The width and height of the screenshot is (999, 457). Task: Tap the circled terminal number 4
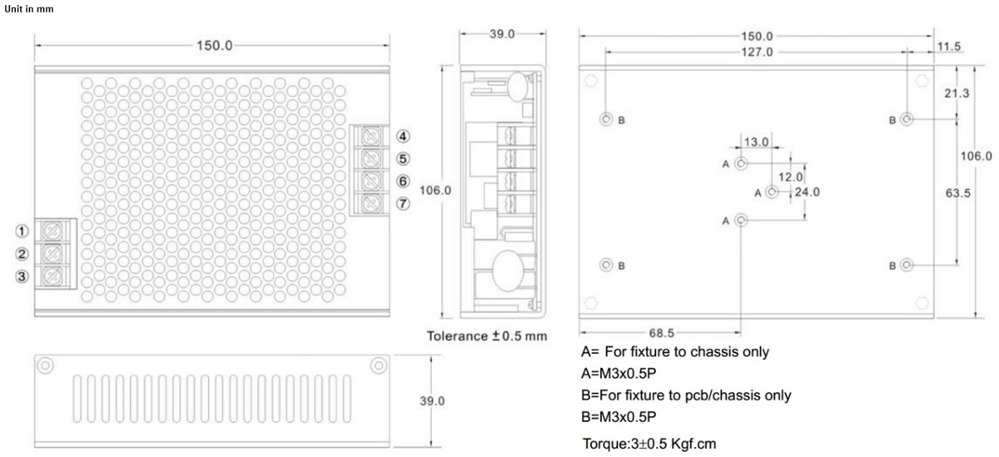click(402, 136)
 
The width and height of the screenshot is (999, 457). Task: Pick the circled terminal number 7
click(402, 204)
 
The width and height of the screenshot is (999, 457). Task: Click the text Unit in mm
click(30, 8)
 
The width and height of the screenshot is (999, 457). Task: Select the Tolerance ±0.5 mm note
click(487, 336)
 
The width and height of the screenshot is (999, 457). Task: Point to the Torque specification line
click(649, 442)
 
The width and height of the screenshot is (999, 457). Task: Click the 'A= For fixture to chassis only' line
click(674, 351)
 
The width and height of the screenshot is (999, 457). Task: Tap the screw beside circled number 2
click(54, 252)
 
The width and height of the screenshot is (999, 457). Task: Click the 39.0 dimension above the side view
click(501, 33)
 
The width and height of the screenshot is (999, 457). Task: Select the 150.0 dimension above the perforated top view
click(215, 45)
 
